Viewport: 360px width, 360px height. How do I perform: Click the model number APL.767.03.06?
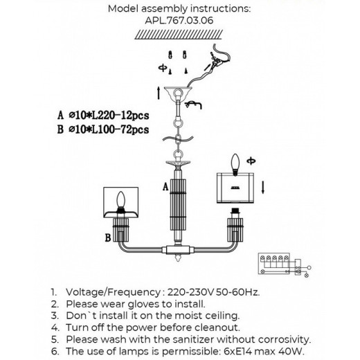click(179, 21)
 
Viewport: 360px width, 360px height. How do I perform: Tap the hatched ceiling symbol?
click(179, 35)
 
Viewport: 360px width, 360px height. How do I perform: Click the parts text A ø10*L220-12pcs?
click(103, 115)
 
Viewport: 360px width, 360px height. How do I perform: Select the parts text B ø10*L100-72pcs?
click(103, 129)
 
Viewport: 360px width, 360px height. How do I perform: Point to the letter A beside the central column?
click(165, 187)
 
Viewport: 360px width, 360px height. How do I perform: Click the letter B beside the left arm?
click(108, 237)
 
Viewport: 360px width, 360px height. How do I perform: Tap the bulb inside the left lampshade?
click(120, 200)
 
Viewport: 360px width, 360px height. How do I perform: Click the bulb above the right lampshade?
click(235, 164)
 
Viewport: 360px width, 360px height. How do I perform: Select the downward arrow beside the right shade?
click(262, 188)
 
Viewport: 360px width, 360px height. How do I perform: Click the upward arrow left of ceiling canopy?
click(159, 93)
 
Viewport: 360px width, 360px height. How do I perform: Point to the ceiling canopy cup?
click(178, 94)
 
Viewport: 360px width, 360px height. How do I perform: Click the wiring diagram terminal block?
click(274, 264)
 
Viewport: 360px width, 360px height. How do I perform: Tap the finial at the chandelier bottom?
click(178, 257)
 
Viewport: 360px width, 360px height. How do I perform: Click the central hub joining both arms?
click(178, 250)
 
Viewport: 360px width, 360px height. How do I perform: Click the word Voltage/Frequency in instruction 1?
click(114, 292)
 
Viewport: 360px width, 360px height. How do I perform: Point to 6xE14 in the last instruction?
click(237, 351)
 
